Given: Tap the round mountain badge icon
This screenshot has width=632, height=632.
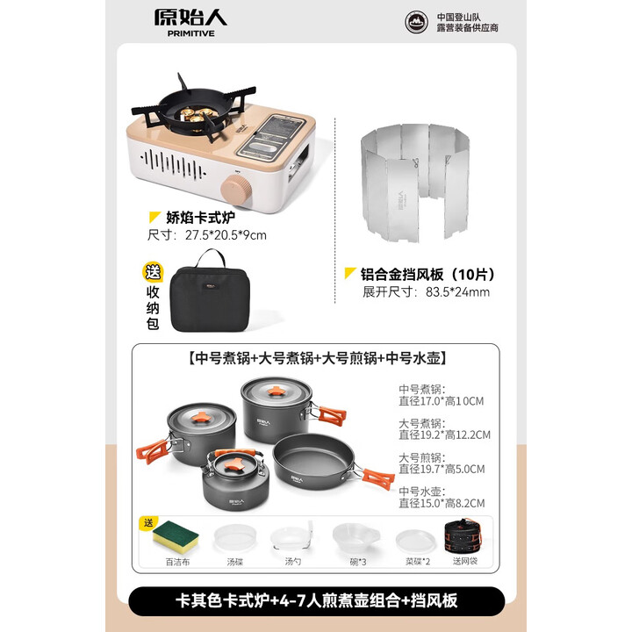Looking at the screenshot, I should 419,22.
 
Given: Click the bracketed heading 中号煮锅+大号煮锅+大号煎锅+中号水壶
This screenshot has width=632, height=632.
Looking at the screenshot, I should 317,358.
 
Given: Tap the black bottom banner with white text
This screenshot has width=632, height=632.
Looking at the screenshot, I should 316,600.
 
